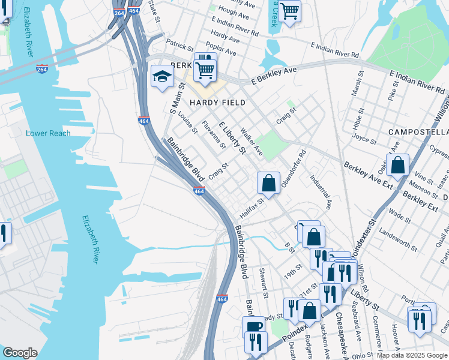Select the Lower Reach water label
pos(48,133)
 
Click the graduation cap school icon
pos(162,76)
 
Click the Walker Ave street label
pos(251,140)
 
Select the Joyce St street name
pos(364,140)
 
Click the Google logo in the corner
pos(20,353)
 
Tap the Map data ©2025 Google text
pos(411,355)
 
